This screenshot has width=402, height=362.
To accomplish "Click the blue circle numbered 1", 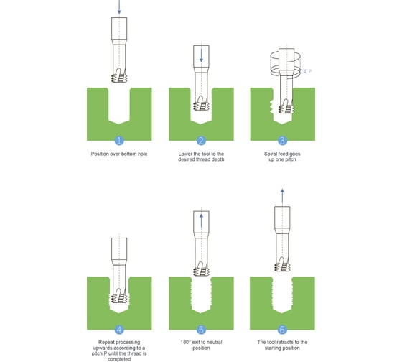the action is click(119, 141).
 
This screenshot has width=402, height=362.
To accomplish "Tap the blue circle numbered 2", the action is click(201, 141).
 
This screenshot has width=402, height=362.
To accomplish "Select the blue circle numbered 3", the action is click(282, 141).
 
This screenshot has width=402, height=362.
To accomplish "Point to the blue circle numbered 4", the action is click(119, 330).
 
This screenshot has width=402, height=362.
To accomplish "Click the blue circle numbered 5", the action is click(201, 330).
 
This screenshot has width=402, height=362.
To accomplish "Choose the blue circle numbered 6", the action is click(282, 330).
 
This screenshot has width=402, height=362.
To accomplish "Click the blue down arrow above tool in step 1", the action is click(119, 7).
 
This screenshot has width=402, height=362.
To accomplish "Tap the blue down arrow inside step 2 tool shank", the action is click(201, 55).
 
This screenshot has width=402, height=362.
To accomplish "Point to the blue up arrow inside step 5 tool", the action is click(201, 221).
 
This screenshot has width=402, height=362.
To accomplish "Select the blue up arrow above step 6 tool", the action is click(282, 197).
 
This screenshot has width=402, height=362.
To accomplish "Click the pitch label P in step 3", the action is click(309, 71).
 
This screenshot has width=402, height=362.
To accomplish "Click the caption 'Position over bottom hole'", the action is click(119, 154).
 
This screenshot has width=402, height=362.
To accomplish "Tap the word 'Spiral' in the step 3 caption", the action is click(271, 154).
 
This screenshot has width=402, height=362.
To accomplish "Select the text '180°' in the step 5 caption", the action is click(186, 342).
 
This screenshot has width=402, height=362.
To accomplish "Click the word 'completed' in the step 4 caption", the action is click(119, 359).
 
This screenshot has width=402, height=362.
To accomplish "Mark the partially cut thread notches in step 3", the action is click(271, 107).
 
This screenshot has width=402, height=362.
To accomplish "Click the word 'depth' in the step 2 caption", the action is click(218, 159).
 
